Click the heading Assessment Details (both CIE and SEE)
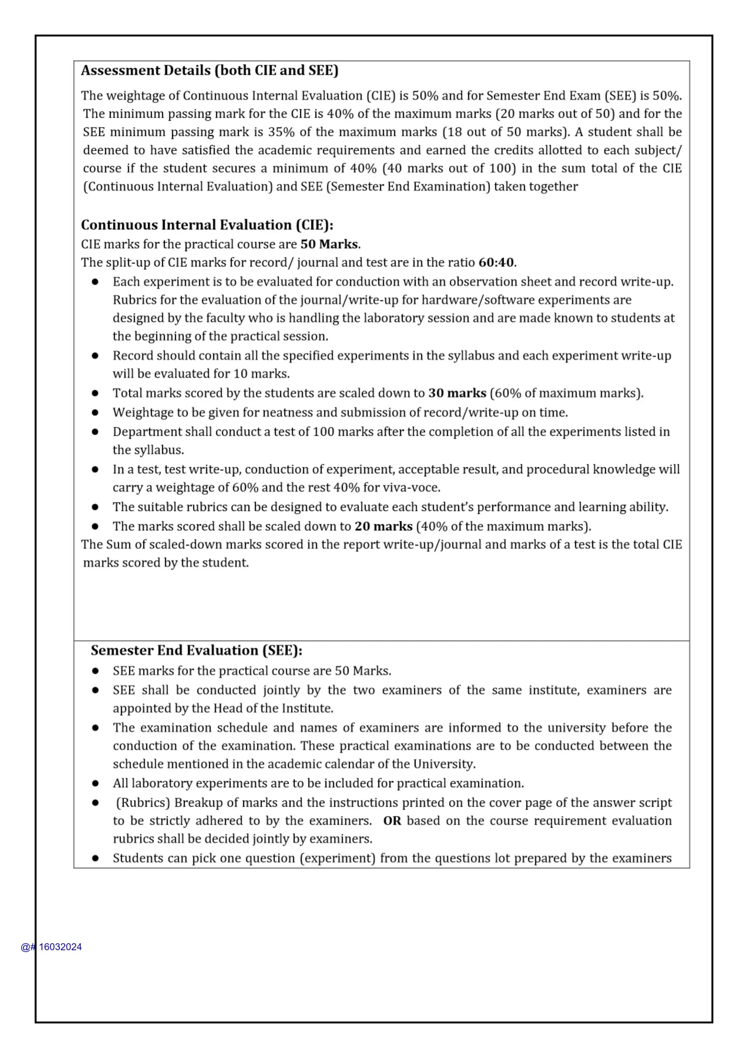[210, 71]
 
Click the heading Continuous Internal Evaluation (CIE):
[207, 225]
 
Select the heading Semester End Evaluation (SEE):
[196, 650]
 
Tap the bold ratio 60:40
[496, 263]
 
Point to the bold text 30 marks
[457, 393]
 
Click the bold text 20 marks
[383, 526]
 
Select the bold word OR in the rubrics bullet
[392, 821]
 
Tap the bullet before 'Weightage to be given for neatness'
[95, 412]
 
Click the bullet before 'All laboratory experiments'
[95, 783]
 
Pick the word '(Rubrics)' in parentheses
[143, 803]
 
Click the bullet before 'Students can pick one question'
[95, 858]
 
